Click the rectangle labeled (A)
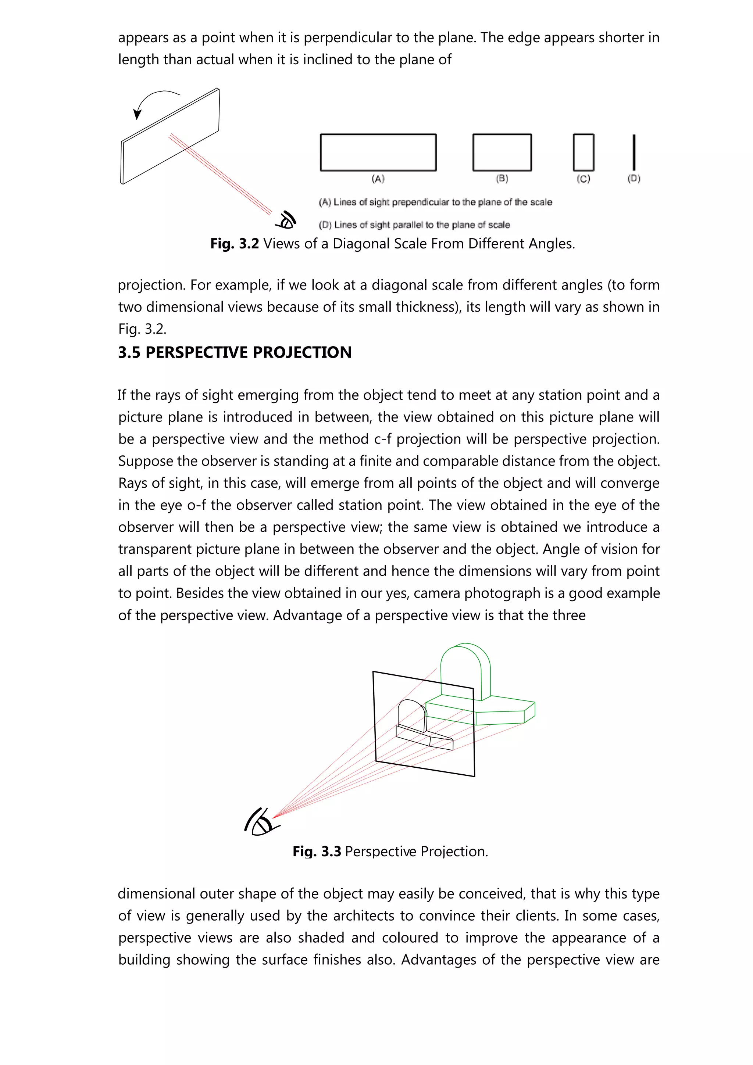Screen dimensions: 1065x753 point(378,152)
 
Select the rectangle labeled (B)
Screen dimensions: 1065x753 point(502,152)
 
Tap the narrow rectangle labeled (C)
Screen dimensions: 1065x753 point(583,152)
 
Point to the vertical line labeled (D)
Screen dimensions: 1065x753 point(634,152)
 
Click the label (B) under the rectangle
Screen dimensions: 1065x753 point(502,179)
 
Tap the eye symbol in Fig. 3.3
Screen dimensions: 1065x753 point(261,822)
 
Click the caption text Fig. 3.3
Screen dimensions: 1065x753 point(317,851)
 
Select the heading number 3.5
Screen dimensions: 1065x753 point(129,352)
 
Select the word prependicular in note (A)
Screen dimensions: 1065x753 point(420,202)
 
